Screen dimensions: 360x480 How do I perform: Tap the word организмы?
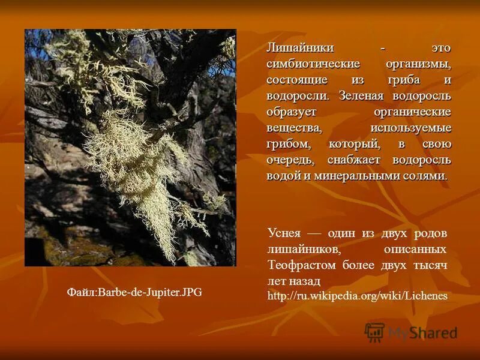[418, 64]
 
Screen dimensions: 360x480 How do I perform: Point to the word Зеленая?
[362, 96]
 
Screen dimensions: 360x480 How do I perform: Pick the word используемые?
[411, 128]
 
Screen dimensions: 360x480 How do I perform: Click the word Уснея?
[284, 233]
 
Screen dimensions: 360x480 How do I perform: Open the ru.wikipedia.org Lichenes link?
[357, 296]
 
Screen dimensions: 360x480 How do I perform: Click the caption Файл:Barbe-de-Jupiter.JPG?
[134, 293]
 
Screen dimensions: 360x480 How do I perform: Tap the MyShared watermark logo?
[412, 332]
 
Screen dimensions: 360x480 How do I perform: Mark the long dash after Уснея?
[314, 233]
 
